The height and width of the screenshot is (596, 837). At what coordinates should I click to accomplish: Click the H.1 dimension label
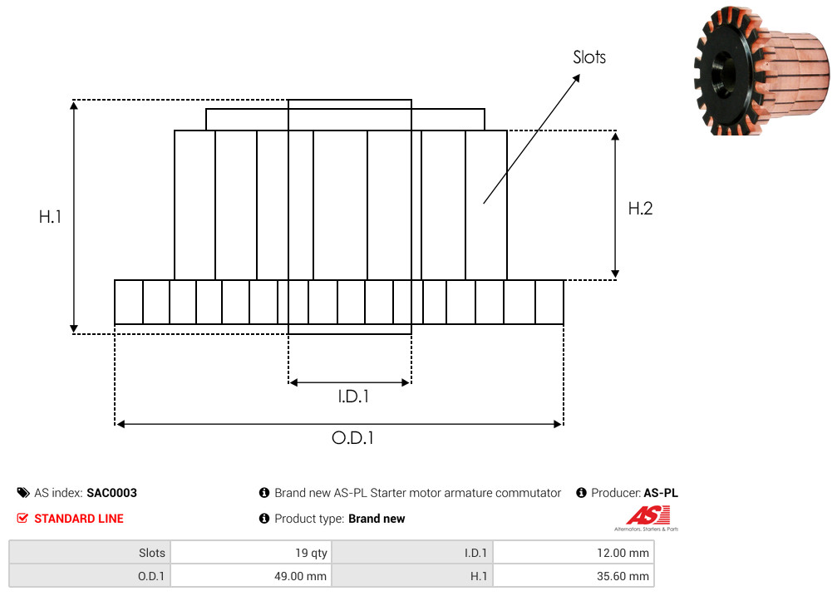point(50,216)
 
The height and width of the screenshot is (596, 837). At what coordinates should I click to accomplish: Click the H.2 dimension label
point(640,209)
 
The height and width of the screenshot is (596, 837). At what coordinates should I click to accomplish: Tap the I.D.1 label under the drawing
point(353,397)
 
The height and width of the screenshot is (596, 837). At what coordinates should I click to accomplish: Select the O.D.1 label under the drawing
point(352,438)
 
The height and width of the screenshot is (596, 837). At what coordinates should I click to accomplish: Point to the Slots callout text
point(589,57)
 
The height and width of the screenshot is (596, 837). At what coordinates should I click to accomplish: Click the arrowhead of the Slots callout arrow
point(577,78)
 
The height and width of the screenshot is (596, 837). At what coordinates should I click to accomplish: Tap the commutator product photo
point(761,70)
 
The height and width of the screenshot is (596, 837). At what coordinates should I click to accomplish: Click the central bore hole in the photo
point(723,74)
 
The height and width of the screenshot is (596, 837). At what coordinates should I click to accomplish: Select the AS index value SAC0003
point(111,492)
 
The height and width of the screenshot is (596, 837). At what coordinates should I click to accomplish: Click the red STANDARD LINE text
point(79,519)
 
